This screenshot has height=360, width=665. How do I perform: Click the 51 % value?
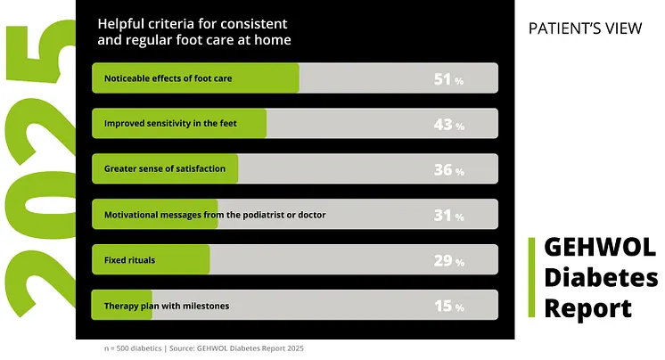coord(448,79)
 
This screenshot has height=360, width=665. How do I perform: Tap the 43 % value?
coord(448,125)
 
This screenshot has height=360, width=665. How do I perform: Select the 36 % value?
coord(448,170)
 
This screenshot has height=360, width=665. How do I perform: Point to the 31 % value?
coord(448,216)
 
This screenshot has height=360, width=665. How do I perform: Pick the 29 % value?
coord(448,261)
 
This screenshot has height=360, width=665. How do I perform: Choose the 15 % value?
coord(448,307)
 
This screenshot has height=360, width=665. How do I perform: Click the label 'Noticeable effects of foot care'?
coord(168,78)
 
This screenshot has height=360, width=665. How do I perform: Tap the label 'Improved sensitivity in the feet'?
coord(170,123)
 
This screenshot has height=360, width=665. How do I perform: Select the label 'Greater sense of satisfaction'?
coord(165,168)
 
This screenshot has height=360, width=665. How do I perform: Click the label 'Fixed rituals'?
coord(129,260)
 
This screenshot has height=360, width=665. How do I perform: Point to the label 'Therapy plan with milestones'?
coord(167,306)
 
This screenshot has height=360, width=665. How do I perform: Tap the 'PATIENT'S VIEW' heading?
coord(585,29)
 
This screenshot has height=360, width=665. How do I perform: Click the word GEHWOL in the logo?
coord(600,247)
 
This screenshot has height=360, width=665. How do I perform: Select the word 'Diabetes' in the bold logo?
coord(601,278)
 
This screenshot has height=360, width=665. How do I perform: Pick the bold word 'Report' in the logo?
coord(587,308)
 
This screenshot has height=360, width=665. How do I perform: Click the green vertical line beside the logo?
coord(531,277)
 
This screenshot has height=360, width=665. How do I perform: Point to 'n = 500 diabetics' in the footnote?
coord(133,348)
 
